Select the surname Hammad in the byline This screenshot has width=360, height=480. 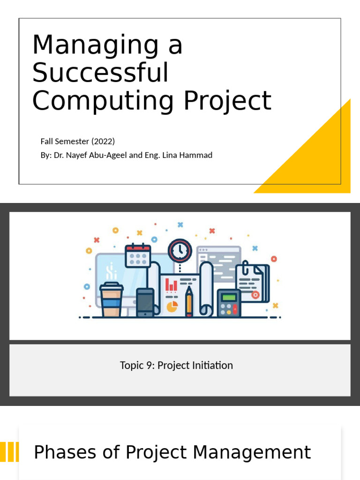(x=197, y=155)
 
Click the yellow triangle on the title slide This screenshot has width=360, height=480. (x=319, y=159)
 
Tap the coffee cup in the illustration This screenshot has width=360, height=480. (x=112, y=300)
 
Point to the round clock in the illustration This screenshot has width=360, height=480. (x=180, y=250)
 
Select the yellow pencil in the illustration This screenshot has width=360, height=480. (x=189, y=302)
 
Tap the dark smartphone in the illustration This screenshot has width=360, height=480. (x=145, y=302)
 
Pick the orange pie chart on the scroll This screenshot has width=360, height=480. (x=172, y=306)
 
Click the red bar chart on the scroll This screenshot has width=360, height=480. (x=171, y=285)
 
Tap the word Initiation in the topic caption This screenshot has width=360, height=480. (x=214, y=366)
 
